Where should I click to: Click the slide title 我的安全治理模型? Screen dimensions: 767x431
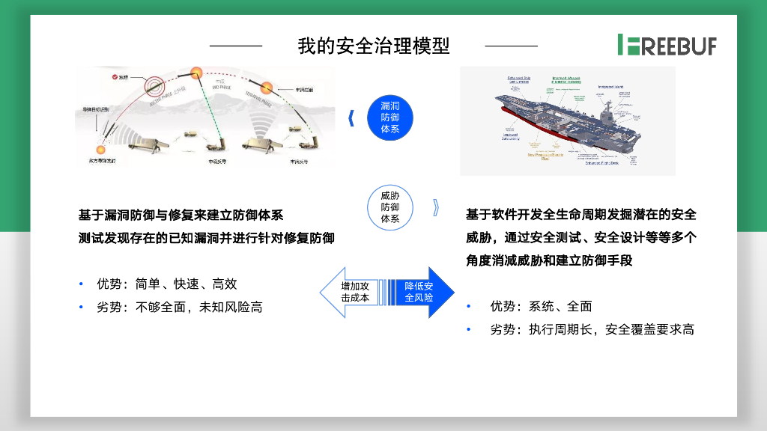click(x=374, y=46)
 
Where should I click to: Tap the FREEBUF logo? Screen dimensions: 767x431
click(x=667, y=45)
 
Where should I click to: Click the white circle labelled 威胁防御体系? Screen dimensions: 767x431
click(x=390, y=207)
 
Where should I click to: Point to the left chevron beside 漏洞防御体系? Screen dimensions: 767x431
click(x=352, y=118)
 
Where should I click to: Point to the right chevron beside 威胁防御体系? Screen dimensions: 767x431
click(x=436, y=207)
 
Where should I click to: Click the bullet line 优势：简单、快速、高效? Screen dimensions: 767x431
click(x=166, y=284)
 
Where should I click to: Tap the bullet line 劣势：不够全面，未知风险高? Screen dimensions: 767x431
click(x=179, y=308)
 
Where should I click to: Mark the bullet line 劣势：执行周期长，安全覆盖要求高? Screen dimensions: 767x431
click(x=592, y=329)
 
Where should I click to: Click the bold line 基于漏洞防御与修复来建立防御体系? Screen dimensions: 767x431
click(x=181, y=215)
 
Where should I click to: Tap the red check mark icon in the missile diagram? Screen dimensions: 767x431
click(x=114, y=76)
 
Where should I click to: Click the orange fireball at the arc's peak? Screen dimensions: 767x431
click(x=198, y=73)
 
